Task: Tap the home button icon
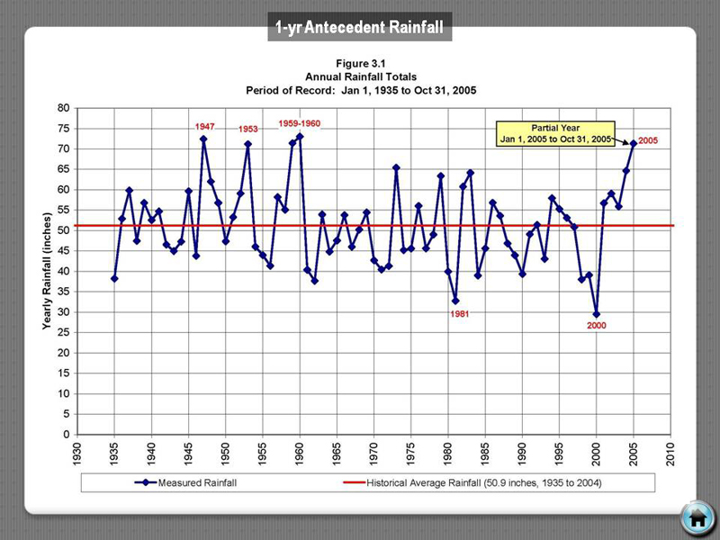[697, 518]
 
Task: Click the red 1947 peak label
[205, 127]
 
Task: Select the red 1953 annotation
[248, 130]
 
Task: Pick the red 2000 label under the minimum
[597, 325]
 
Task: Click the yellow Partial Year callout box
[558, 133]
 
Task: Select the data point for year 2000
[596, 314]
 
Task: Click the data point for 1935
[114, 278]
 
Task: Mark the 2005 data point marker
[633, 143]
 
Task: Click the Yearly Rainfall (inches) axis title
[46, 271]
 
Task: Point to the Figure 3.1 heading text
[360, 65]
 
